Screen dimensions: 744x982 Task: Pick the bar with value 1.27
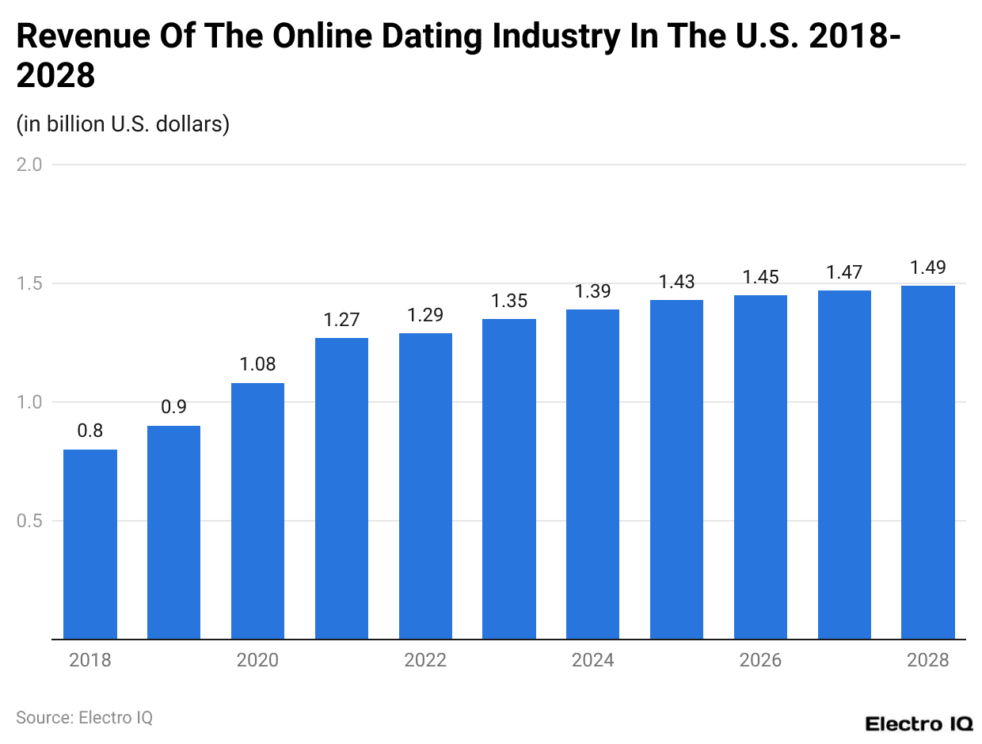tap(341, 488)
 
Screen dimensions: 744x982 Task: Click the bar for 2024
tap(592, 474)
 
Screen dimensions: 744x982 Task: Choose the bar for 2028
tap(928, 462)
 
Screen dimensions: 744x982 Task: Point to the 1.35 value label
tap(508, 302)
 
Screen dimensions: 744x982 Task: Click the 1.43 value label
tap(676, 283)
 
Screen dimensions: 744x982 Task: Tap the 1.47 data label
tap(844, 273)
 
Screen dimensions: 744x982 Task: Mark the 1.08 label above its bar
tap(257, 366)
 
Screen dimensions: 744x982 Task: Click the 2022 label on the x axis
tap(425, 660)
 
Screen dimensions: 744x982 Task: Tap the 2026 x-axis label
tap(760, 660)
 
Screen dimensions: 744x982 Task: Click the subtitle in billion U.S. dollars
tap(123, 124)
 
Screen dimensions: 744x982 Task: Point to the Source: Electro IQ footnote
tap(84, 717)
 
